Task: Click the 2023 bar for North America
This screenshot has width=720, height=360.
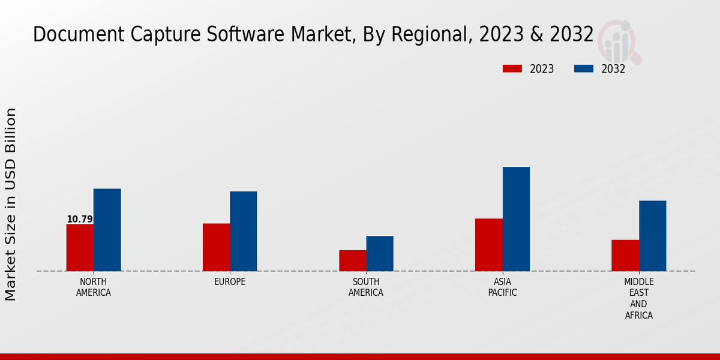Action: (x=80, y=247)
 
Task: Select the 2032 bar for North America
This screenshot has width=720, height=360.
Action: (x=107, y=230)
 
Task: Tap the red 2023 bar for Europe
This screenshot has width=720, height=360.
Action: (x=216, y=247)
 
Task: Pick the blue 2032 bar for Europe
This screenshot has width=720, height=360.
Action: (x=243, y=231)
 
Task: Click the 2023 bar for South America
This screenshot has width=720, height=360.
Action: (x=352, y=260)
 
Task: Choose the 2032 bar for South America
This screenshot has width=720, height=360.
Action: (x=380, y=253)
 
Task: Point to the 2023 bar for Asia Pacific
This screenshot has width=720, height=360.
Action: (x=488, y=245)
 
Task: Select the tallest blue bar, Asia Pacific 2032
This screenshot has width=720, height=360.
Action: (x=516, y=219)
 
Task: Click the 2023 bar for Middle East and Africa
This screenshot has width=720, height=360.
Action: (x=625, y=255)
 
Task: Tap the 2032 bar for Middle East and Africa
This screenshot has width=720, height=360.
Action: (x=652, y=236)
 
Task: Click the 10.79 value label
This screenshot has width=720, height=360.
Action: (x=80, y=220)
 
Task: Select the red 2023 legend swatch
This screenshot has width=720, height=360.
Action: (x=512, y=68)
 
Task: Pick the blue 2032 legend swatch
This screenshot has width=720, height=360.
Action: (x=583, y=68)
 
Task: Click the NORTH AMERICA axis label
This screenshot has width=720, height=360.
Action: (x=94, y=287)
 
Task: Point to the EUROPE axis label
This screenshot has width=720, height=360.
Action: (x=230, y=281)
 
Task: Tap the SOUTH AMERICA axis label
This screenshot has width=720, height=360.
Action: (x=366, y=287)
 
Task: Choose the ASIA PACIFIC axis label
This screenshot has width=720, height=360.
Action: (x=502, y=287)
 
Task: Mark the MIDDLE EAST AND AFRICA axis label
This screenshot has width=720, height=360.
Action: (x=638, y=298)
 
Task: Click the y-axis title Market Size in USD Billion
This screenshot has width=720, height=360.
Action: (x=11, y=204)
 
